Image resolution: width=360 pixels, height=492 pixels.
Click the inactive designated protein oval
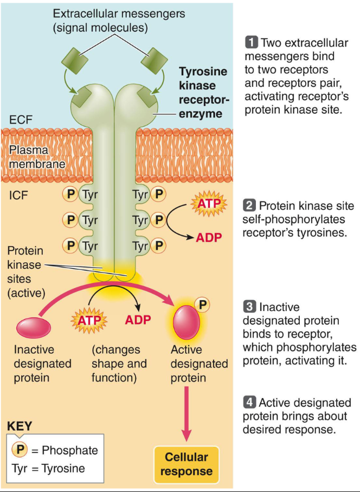coord(34,327)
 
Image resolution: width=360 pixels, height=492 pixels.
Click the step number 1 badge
coord(252,42)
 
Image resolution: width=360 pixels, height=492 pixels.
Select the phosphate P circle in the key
coord(20,450)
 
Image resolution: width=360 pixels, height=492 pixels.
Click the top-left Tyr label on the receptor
coord(89,193)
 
